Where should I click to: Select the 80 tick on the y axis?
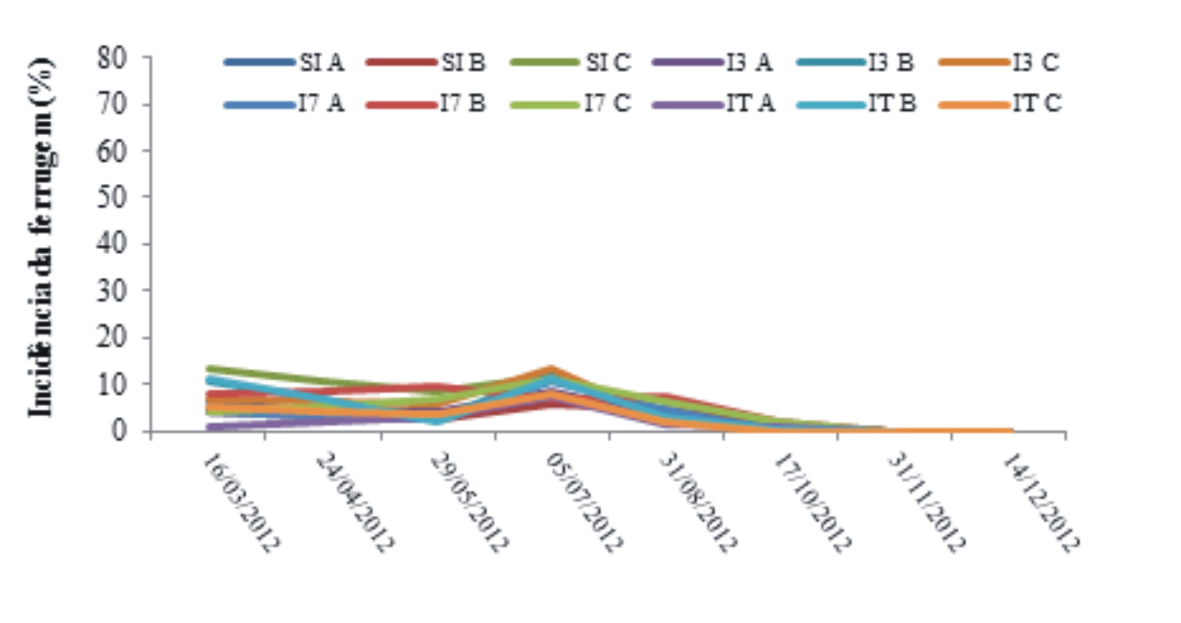(x=111, y=59)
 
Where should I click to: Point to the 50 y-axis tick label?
(x=111, y=197)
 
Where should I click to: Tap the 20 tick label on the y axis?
(x=111, y=337)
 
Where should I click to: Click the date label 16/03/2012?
(x=241, y=501)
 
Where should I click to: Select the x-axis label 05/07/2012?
(x=585, y=501)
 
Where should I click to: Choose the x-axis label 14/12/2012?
(x=1040, y=501)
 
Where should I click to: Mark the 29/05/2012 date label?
(x=469, y=501)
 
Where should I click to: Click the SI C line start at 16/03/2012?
(x=210, y=369)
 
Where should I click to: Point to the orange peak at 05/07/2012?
(x=551, y=370)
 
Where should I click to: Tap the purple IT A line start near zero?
(x=210, y=428)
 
